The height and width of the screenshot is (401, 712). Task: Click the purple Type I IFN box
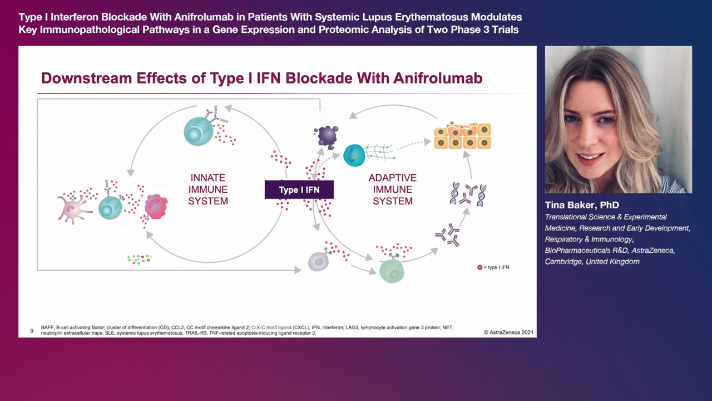pos(299,190)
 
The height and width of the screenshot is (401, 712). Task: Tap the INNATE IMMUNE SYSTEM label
pos(208,189)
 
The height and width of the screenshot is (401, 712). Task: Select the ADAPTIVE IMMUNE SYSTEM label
pos(393,189)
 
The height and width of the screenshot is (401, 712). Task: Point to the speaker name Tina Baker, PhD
pos(582,205)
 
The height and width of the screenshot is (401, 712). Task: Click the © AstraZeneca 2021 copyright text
pos(508,332)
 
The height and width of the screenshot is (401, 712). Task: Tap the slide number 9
pos(32,331)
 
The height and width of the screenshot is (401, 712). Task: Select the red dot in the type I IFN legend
pos(480,267)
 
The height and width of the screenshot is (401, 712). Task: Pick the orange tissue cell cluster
pos(462,135)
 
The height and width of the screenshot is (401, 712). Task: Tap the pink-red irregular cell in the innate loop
pos(156,207)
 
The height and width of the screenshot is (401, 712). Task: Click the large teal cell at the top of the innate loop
pos(198,131)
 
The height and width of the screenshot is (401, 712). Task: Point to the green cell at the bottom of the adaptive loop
pos(392,271)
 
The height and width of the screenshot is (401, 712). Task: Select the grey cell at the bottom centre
pos(318,261)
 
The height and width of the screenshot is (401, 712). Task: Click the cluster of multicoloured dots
pos(139,259)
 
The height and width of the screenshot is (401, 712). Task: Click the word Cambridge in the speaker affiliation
pos(563,262)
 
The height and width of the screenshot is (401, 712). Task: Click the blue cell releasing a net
pos(354,155)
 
